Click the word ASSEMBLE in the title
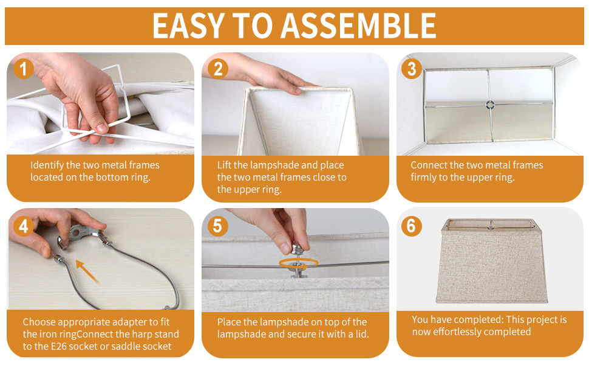[x=358, y=26]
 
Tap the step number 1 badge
[x=23, y=69]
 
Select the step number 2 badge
[x=218, y=69]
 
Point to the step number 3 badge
[x=412, y=69]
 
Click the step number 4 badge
[x=23, y=226]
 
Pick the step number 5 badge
[x=218, y=226]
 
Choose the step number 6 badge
[x=412, y=226]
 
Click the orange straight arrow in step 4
[x=88, y=271]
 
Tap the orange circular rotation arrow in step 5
[x=299, y=263]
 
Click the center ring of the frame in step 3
[x=489, y=105]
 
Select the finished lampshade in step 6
[x=492, y=261]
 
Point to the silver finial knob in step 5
[x=297, y=248]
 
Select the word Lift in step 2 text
[x=224, y=165]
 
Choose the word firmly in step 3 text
[x=423, y=177]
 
